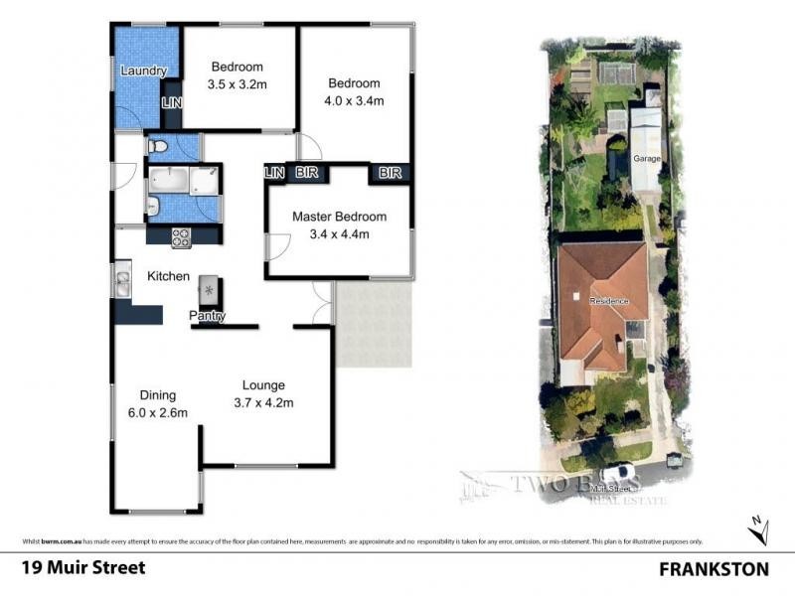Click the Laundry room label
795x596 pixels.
143,72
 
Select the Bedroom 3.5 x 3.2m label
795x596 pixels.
238,76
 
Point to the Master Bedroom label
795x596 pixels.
339,225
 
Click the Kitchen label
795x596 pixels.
168,276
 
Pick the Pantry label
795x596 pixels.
209,317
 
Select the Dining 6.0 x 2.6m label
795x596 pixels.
157,403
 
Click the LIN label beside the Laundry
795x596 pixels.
172,103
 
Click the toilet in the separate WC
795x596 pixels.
157,147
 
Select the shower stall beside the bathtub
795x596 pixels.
206,181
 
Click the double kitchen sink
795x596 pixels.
122,283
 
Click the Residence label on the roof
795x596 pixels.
607,300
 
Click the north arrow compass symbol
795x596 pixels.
758,531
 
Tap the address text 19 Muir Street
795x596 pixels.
82,568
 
